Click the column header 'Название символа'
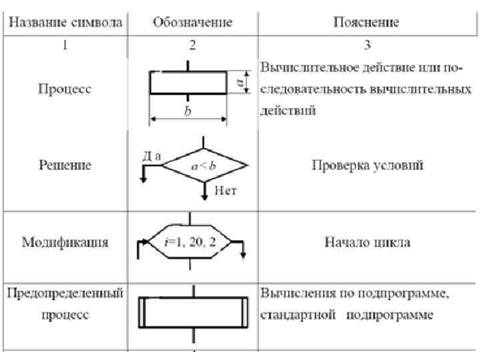tap(65, 23)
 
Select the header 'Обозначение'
tap(192, 23)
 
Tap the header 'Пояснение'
tap(366, 23)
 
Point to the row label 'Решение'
tap(65, 165)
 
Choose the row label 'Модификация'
tap(65, 241)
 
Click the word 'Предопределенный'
tap(65, 294)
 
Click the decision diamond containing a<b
tap(205, 165)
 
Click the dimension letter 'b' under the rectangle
tap(188, 113)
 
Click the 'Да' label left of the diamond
tap(151, 155)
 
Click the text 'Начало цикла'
tap(367, 241)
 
